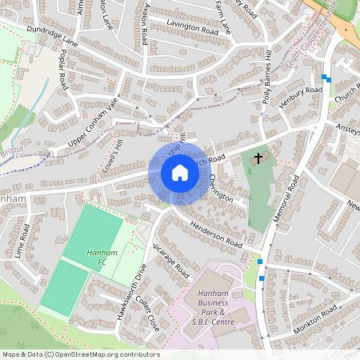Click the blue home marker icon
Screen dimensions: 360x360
pyautogui.click(x=180, y=173)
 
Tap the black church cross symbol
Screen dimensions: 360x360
pyautogui.click(x=258, y=158)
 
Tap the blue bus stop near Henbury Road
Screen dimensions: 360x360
pyautogui.click(x=325, y=78)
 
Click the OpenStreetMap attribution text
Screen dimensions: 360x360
pyautogui.click(x=80, y=354)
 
